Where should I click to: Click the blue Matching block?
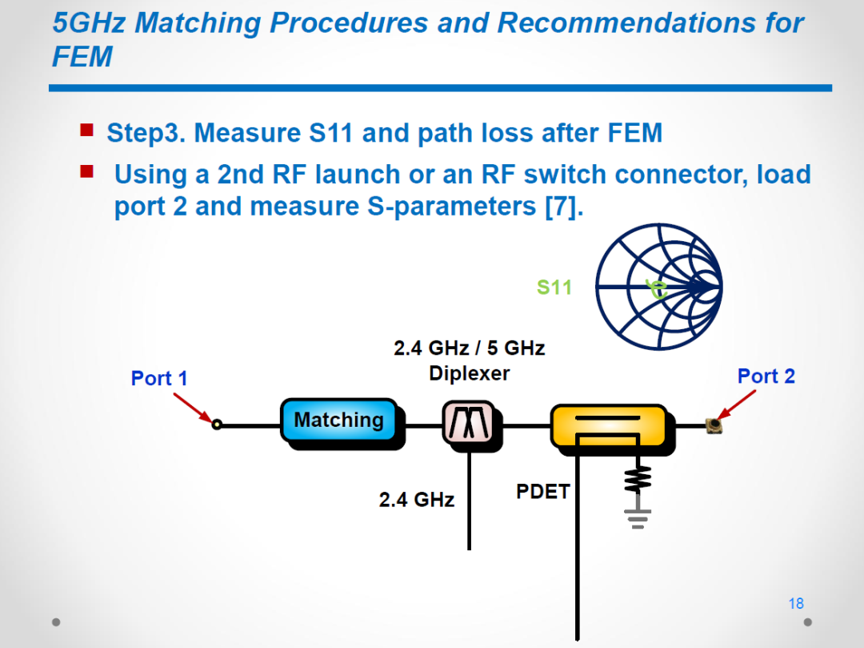pos(339,420)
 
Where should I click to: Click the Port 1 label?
pos(159,378)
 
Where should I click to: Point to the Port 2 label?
pos(766,376)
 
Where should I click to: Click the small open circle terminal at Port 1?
pos(217,424)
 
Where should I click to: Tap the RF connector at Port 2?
pos(714,425)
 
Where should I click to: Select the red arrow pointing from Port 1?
pos(192,408)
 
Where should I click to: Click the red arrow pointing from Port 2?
pos(737,404)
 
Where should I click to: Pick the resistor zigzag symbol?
pos(638,479)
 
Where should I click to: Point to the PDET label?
pos(542,491)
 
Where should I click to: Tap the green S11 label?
pos(554,288)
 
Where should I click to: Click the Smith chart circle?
pos(597,287)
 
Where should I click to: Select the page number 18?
pos(796,603)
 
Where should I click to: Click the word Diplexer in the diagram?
pos(470,373)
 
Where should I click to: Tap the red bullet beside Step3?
pos(86,130)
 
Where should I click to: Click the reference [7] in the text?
pos(563,207)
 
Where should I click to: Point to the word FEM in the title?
pos(82,56)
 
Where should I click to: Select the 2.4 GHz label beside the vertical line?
pos(417,500)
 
